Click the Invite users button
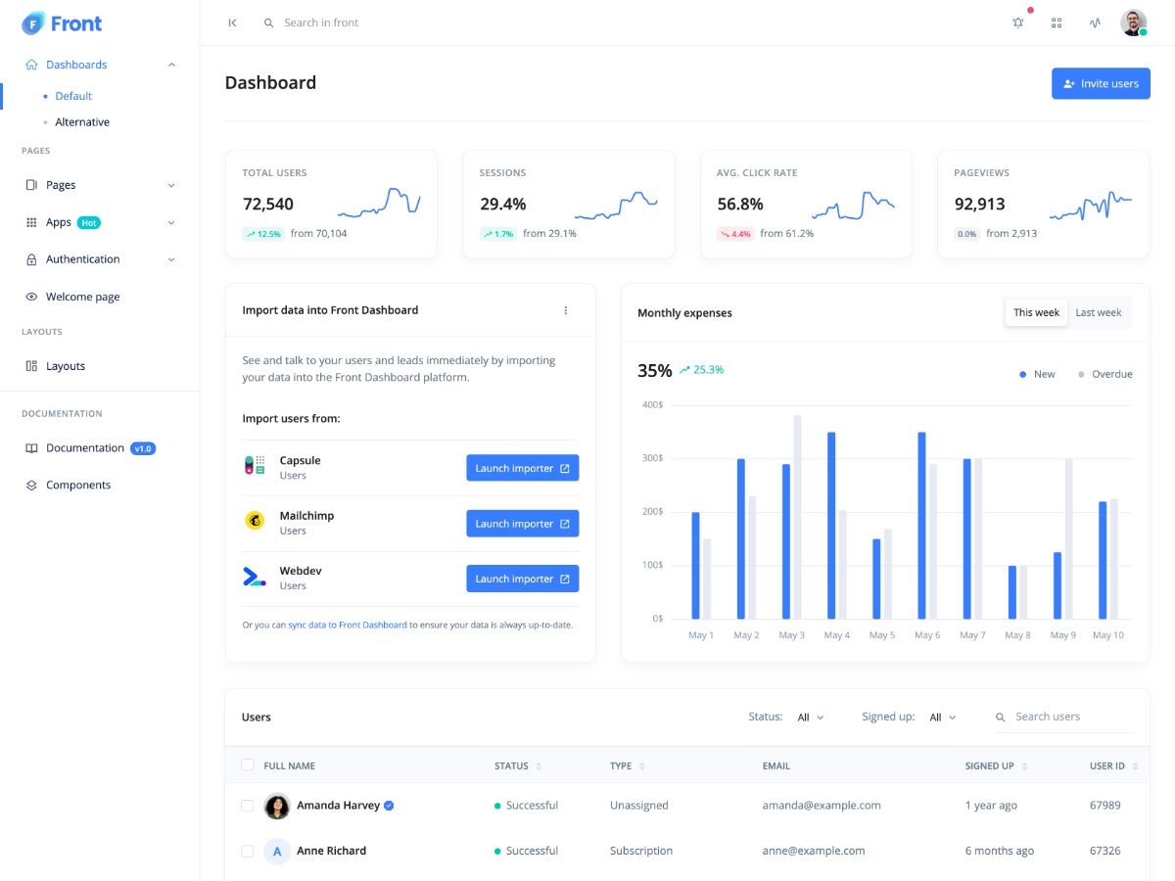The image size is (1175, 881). coord(1101,83)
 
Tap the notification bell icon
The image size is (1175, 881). coord(1018,23)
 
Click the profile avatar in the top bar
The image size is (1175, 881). coord(1133,23)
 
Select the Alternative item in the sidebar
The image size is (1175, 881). coord(82,122)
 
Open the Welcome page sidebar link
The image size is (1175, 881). coord(82,297)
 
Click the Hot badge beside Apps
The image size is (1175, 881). coord(89,223)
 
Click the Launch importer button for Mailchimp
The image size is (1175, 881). coord(522,524)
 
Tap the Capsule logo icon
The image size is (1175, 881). coord(255,465)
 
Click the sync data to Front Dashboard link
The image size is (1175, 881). coord(348,625)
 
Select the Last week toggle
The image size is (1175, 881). coord(1098,312)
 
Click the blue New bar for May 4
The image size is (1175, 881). coord(831,525)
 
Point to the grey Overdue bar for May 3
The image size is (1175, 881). coord(797,516)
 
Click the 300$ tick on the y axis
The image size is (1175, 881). coord(652,458)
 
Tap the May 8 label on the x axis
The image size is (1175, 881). coord(1017,635)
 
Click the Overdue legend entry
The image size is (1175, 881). coord(1105,374)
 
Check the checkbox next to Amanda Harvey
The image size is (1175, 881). coord(248,806)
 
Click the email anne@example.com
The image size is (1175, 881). coord(814,851)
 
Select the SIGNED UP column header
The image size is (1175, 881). coord(990,765)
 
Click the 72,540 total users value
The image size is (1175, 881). coord(268,204)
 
